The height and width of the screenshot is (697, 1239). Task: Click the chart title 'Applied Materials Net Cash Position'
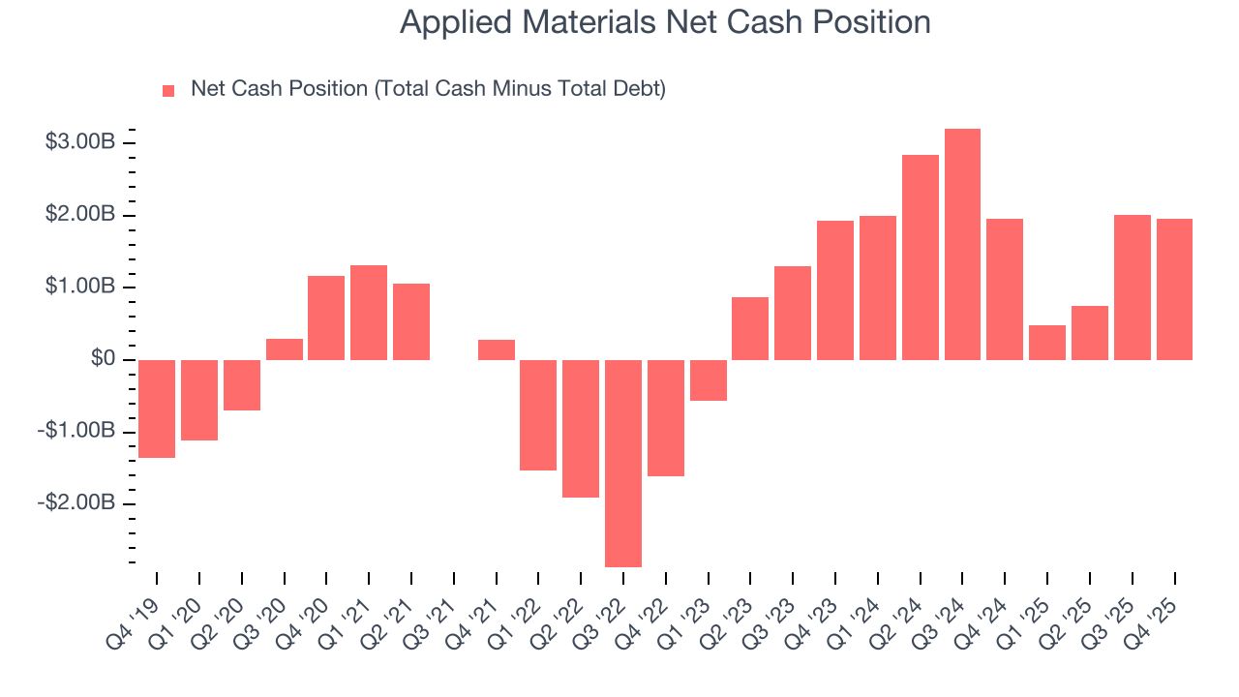(665, 22)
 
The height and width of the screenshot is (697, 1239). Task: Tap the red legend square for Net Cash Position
(168, 90)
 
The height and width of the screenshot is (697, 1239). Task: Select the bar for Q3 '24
(962, 244)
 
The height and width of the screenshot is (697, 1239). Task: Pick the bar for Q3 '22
(622, 463)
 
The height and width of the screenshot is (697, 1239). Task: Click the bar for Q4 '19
(157, 409)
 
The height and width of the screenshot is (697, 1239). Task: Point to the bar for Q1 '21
(369, 313)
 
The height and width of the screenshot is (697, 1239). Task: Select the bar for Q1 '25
(1046, 343)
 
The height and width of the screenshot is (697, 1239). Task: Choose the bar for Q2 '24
(920, 258)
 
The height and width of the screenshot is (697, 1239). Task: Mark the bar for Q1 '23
(708, 380)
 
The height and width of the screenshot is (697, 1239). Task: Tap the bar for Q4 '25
(1174, 289)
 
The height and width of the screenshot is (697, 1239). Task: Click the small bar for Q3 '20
(284, 349)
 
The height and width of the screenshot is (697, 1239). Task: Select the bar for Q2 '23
(750, 328)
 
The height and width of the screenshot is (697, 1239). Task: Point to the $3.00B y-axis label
(80, 142)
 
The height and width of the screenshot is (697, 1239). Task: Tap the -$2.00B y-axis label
(77, 503)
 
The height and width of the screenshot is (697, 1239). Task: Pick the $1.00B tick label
(80, 287)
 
